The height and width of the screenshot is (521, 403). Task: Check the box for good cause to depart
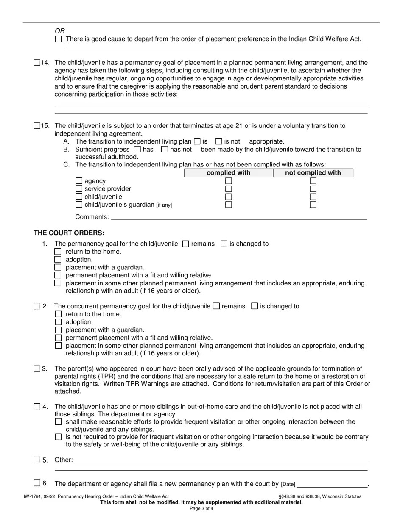58,39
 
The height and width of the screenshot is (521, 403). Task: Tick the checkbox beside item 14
37,63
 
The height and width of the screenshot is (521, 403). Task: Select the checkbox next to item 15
37,126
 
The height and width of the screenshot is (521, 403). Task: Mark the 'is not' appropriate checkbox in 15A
218,141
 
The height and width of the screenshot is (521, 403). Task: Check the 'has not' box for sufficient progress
165,149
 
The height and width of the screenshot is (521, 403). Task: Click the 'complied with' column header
228,173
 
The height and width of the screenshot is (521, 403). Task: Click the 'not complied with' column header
313,173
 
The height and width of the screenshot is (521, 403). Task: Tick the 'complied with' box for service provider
229,189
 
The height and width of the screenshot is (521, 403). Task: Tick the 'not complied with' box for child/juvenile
313,197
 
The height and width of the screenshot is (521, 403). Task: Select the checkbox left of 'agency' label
78,181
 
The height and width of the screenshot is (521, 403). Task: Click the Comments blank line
238,217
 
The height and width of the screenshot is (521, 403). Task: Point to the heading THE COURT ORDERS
69,233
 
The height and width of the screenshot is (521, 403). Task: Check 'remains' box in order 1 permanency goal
185,244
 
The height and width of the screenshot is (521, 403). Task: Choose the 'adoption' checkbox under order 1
58,259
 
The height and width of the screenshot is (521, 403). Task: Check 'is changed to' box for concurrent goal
255,306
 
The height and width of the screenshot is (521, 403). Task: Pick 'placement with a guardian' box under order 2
58,330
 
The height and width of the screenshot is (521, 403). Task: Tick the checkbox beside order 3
37,369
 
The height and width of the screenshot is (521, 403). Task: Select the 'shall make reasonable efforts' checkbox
58,422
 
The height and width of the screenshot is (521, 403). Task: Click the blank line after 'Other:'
221,460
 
